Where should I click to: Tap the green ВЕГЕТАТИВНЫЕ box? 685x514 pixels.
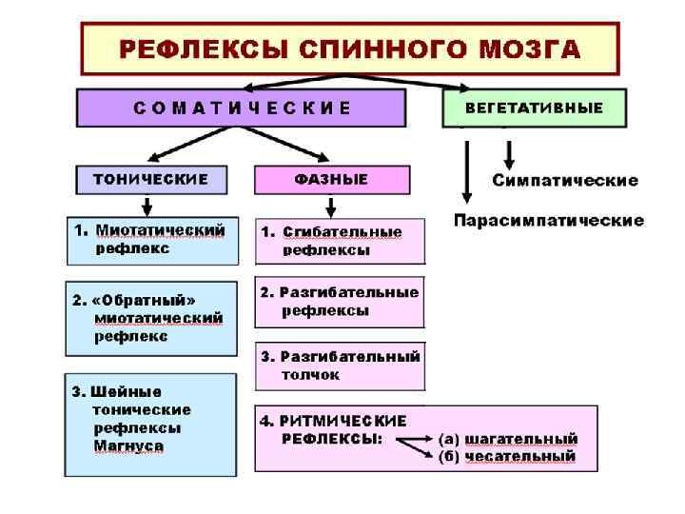point(534,108)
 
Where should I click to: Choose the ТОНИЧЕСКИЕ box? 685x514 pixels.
point(151,179)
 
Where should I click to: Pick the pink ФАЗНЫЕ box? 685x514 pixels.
point(332,179)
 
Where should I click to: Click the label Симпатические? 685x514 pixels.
point(565,180)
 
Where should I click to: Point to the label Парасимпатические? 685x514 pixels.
point(549,221)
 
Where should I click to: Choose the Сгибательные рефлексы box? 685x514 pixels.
point(340,242)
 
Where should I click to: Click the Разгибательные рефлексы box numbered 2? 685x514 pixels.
point(340,302)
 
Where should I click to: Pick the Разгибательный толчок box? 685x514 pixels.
point(340,366)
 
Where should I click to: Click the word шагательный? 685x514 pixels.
point(521,439)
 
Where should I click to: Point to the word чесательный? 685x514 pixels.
point(520,457)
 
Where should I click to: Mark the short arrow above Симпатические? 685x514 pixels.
point(509,152)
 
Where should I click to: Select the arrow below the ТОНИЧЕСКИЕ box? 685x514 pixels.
point(147,206)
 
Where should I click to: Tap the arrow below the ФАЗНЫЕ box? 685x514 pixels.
point(331,206)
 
